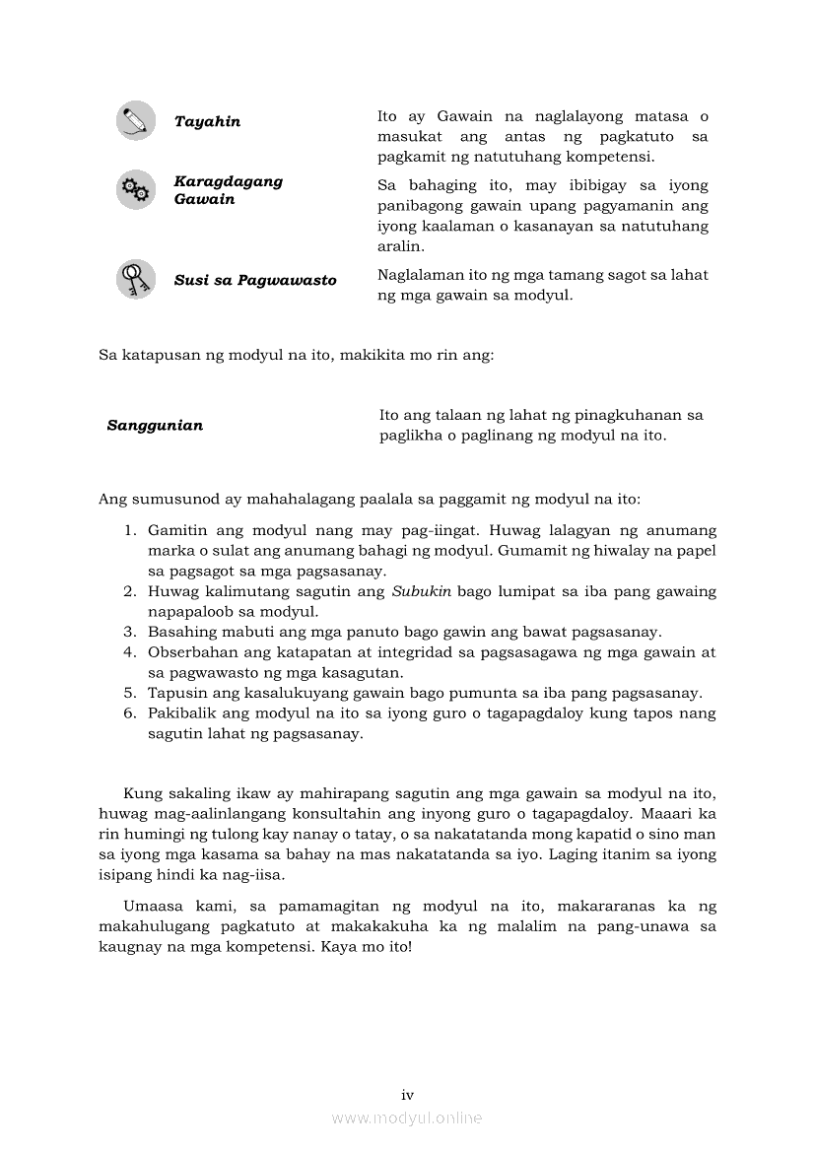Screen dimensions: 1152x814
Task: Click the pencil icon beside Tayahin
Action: coord(136,120)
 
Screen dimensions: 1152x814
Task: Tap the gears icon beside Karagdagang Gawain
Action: coord(136,189)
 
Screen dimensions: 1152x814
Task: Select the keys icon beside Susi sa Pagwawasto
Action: coord(136,279)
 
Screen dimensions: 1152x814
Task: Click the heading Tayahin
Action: coord(207,122)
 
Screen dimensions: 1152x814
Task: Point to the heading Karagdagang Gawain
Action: coord(228,190)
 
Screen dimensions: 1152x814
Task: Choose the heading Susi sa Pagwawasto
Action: coord(255,281)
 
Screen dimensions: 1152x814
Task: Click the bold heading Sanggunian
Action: coord(155,426)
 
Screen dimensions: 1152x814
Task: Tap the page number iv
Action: coord(407,1095)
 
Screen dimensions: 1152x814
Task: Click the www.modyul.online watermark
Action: coord(407,1118)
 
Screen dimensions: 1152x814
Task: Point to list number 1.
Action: coord(129,531)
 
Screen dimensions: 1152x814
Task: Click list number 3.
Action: coord(129,632)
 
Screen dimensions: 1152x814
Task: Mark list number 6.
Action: coord(129,712)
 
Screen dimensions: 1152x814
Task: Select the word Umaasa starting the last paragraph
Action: coord(153,907)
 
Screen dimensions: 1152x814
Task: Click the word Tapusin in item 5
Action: coord(175,693)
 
